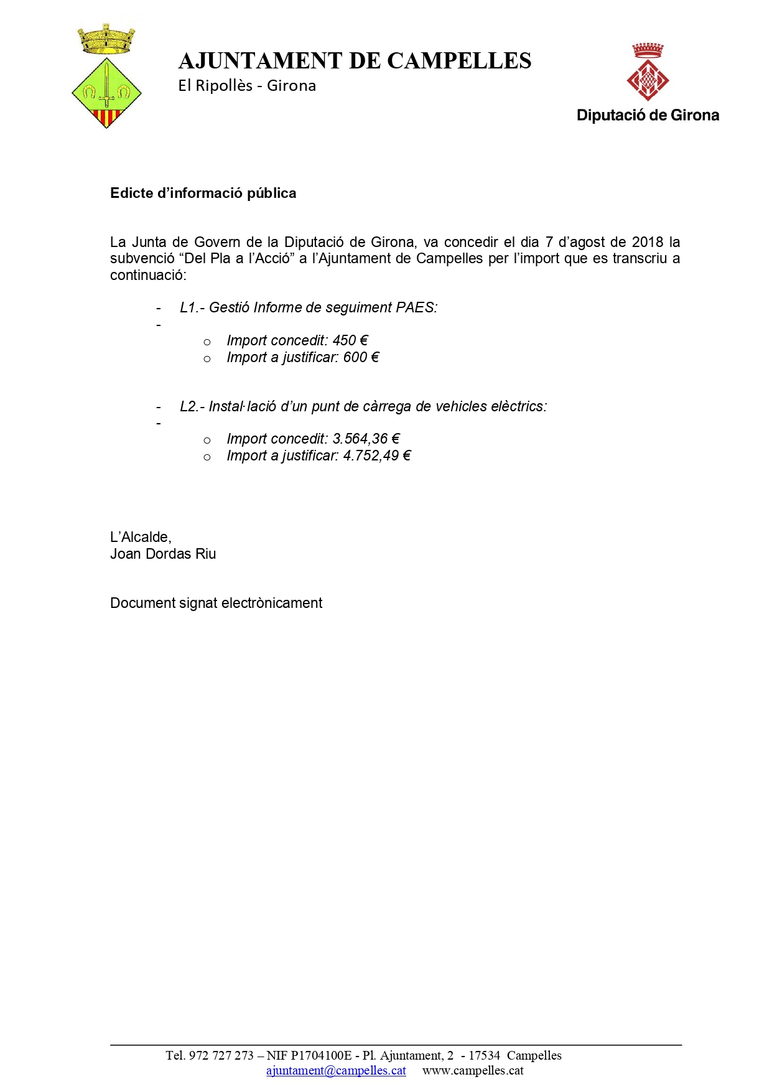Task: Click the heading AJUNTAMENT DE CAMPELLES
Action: tap(355, 61)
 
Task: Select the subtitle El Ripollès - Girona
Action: tap(247, 86)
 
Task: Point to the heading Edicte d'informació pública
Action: tap(203, 194)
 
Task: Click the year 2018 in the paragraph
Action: tap(648, 242)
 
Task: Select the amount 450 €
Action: tap(350, 340)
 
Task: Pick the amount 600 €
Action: tap(361, 357)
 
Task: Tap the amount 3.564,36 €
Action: tap(366, 439)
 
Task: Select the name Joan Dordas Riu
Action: tap(163, 554)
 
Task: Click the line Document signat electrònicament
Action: tap(216, 603)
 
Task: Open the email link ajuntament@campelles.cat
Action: tap(336, 1070)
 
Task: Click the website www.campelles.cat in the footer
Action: tap(473, 1070)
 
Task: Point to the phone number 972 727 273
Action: tap(221, 1055)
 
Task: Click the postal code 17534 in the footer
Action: tap(484, 1055)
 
